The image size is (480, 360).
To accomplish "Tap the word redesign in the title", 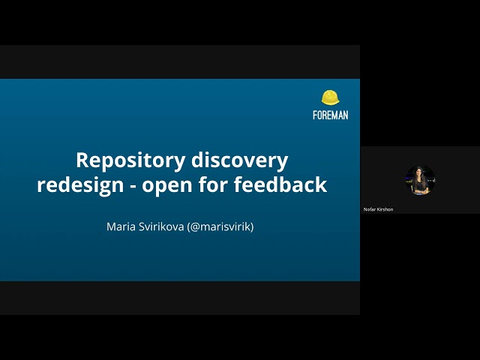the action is coord(80,185).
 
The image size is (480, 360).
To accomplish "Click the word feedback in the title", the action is coord(280,184).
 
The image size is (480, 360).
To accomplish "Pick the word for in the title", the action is coord(213,184).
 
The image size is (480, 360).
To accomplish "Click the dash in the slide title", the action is coord(133,186).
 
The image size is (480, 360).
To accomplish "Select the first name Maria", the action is coord(121,226).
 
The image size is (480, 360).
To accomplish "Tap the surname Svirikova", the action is coord(161,226).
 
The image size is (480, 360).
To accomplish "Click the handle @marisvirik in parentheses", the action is coord(220,226).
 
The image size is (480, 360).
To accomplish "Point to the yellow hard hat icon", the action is coord(330,97).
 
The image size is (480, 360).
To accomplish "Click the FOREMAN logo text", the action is coord(331,115).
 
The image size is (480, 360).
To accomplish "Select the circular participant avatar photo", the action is coord(420,180).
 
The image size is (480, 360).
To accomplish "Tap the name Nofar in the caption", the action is coord(370,209).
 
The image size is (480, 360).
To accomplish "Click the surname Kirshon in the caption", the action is coord(385,209).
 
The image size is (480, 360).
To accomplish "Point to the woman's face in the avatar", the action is coord(419,173).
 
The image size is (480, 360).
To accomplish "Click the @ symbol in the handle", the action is coord(195,227).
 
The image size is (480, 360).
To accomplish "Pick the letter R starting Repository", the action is coord(82,160).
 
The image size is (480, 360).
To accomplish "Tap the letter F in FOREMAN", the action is coord(315,115).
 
